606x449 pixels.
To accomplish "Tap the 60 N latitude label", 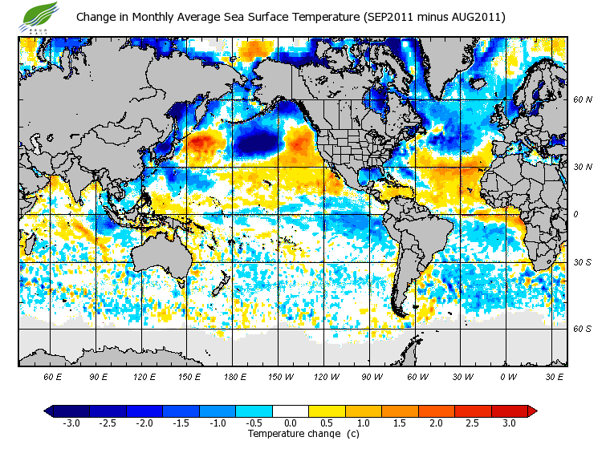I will click(x=582, y=100).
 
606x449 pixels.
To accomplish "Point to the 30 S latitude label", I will click(x=582, y=263).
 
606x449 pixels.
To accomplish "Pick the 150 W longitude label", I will click(x=281, y=376).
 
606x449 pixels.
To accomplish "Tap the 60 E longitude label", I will click(x=52, y=376).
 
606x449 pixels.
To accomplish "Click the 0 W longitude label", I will click(x=507, y=376).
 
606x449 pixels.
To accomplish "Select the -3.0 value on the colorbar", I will click(x=71, y=423).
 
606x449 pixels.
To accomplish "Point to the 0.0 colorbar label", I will click(x=291, y=423).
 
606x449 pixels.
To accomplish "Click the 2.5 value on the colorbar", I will click(x=473, y=423).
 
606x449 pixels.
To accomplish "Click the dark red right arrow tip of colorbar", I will click(x=532, y=411).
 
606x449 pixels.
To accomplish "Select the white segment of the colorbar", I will click(x=291, y=411).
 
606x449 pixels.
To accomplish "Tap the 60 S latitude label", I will click(x=582, y=328).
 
